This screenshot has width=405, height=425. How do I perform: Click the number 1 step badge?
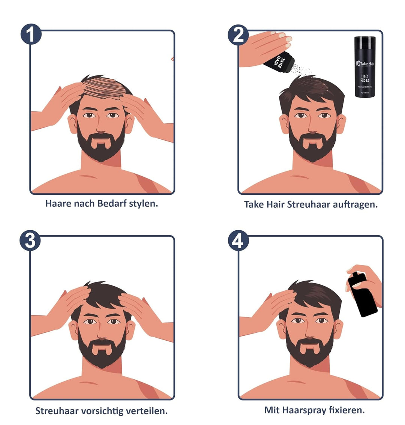(31, 35)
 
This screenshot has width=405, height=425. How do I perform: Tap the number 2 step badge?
(238, 35)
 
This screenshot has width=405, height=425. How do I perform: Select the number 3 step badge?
(30, 240)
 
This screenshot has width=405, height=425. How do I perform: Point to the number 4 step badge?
(238, 240)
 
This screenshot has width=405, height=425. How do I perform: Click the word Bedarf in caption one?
(112, 204)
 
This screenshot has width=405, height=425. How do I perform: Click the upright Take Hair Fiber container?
(364, 67)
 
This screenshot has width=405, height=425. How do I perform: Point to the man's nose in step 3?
(101, 330)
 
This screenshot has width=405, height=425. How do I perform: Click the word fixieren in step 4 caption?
(346, 410)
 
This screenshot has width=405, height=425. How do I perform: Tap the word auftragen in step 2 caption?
(355, 204)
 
